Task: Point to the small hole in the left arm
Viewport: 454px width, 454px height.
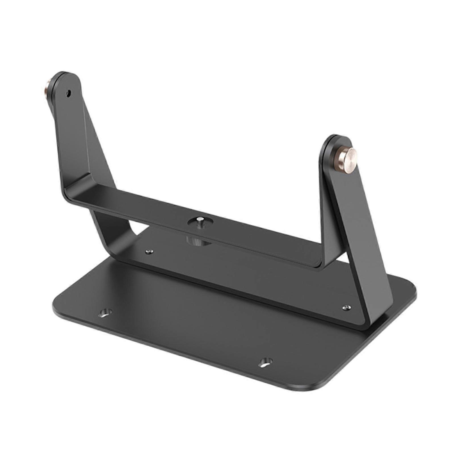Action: tap(68, 93)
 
